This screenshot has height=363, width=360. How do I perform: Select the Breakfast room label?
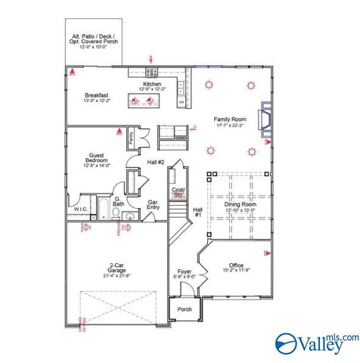tap(98, 95)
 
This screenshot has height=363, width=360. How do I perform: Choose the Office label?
tap(236, 265)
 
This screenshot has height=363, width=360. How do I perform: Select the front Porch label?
tap(185, 309)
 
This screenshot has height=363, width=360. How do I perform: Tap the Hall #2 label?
tap(156, 183)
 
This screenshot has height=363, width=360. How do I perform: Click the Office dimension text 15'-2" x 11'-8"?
tap(236, 270)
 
